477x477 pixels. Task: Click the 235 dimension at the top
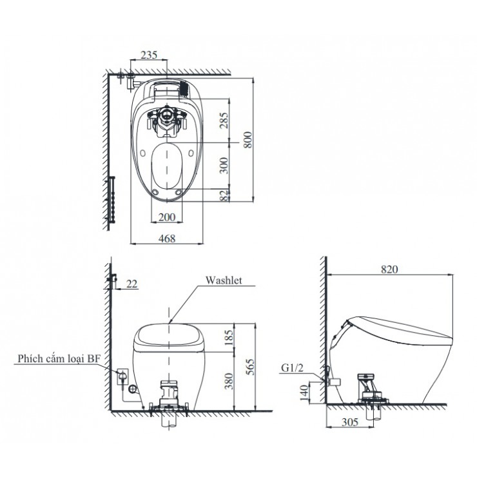(x=148, y=56)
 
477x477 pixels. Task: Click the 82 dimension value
(x=223, y=196)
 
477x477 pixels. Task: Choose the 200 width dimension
(x=166, y=217)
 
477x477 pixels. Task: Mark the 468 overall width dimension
(x=167, y=238)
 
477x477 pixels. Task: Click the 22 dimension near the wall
(x=131, y=284)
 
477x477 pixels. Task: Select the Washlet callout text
(x=223, y=280)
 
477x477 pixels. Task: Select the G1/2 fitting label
(x=292, y=369)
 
